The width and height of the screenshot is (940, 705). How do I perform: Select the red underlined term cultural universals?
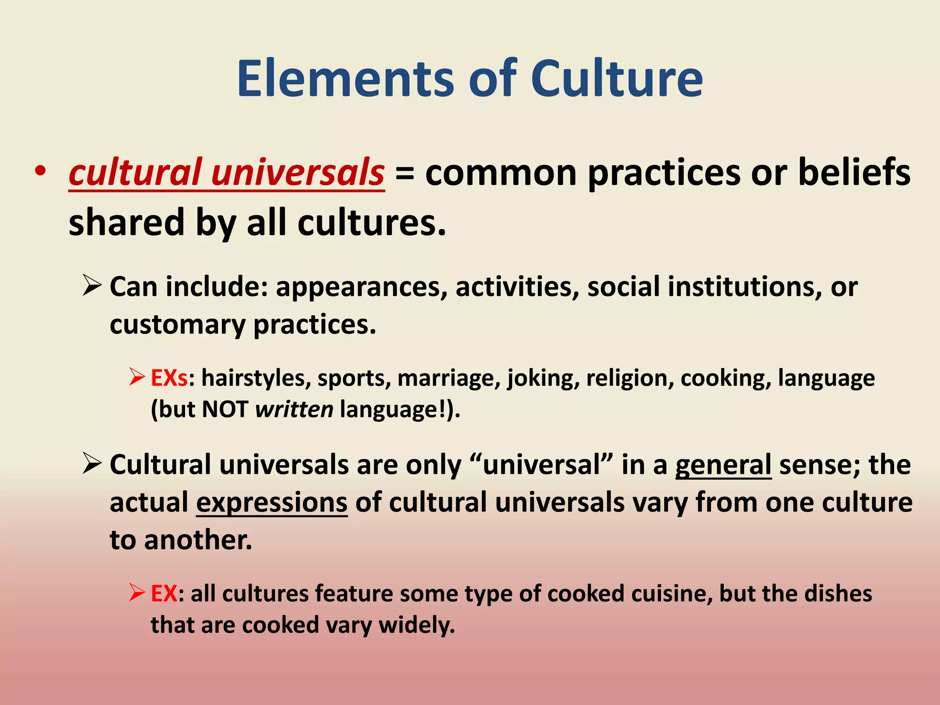coord(226,173)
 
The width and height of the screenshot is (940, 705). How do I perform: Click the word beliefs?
coord(854,173)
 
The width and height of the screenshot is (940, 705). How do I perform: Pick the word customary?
coord(177,325)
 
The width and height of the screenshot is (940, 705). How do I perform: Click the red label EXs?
coord(169,378)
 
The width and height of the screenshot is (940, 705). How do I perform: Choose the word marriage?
coord(448,379)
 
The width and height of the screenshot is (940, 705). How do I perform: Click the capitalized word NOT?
coord(225,409)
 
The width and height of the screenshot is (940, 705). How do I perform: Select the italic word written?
coord(294,409)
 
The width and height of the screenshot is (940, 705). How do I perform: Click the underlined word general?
coord(723,465)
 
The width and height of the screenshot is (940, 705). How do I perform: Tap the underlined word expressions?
coord(272,503)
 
